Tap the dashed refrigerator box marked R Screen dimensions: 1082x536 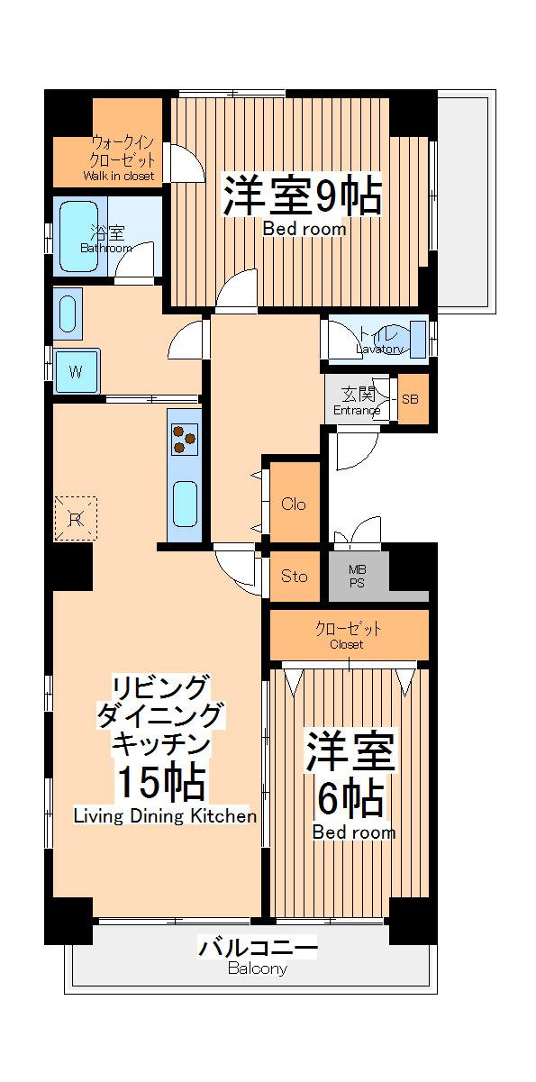[x=76, y=518]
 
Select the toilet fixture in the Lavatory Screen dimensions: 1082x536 [x=417, y=338]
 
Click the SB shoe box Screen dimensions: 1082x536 [x=411, y=399]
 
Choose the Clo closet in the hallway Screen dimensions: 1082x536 [x=294, y=504]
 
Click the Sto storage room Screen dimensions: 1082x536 [x=294, y=576]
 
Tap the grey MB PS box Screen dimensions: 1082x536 [x=358, y=576]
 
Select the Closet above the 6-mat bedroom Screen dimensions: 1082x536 [x=347, y=635]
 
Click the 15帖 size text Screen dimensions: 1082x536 [x=160, y=782]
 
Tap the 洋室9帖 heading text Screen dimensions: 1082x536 [x=303, y=194]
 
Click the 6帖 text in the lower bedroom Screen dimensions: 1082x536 [x=351, y=796]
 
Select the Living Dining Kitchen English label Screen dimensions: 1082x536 [x=165, y=817]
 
